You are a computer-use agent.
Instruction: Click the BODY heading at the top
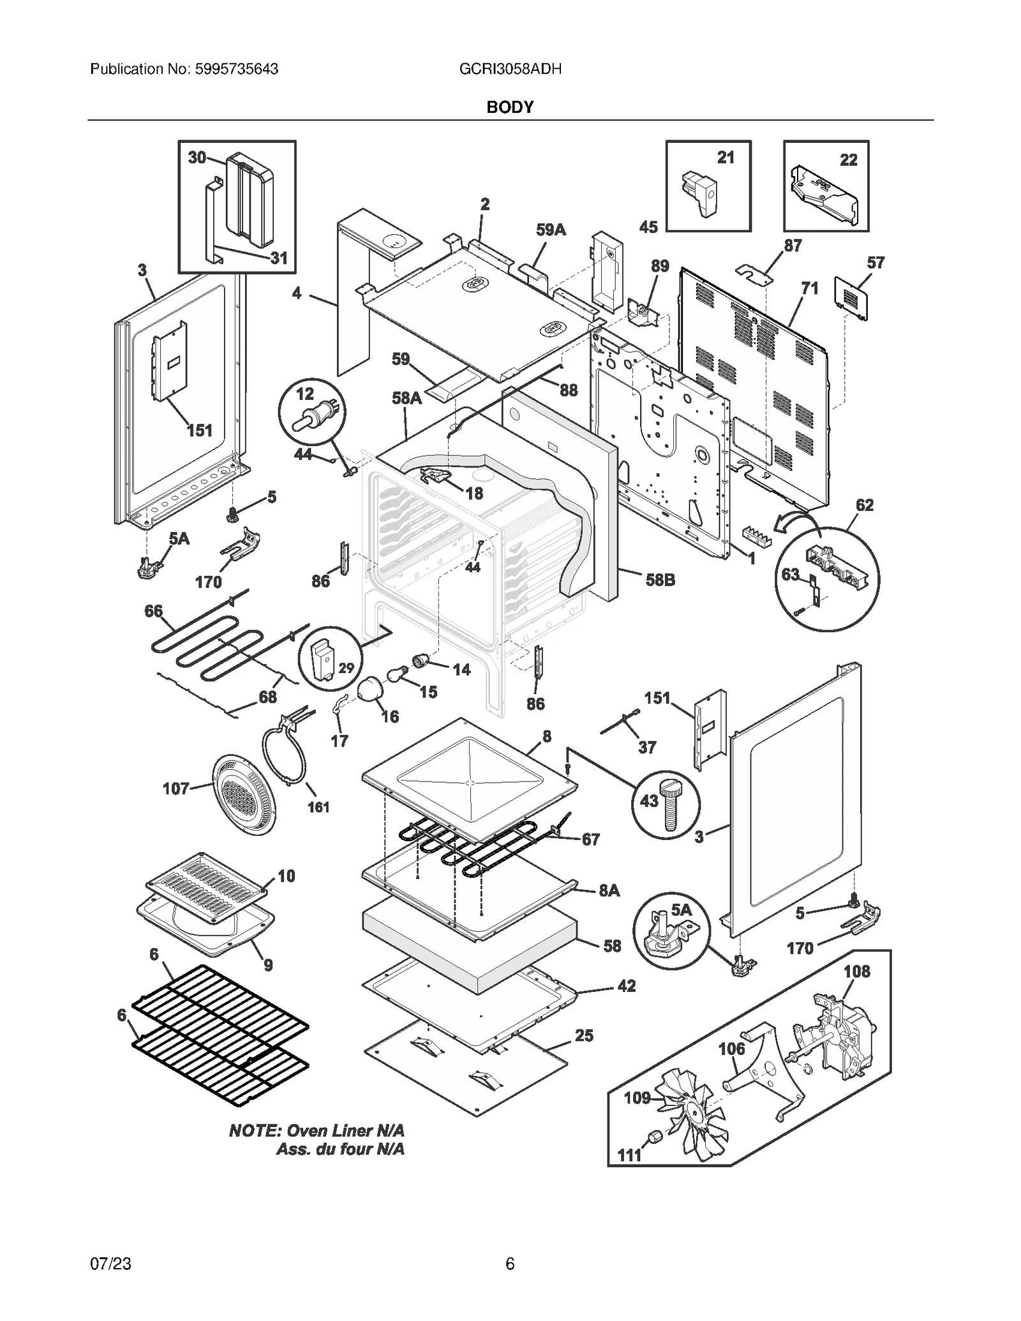pyautogui.click(x=510, y=107)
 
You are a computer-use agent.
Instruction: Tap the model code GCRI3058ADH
pyautogui.click(x=511, y=69)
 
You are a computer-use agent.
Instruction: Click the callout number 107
pyautogui.click(x=175, y=789)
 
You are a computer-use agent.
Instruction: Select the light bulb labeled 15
pyautogui.click(x=397, y=674)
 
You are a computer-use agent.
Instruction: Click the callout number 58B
pyautogui.click(x=660, y=580)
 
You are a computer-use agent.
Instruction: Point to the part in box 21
pyautogui.click(x=701, y=192)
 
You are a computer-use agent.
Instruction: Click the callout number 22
pyautogui.click(x=848, y=159)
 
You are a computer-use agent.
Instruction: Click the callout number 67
pyautogui.click(x=591, y=839)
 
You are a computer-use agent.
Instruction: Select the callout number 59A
pyautogui.click(x=551, y=230)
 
